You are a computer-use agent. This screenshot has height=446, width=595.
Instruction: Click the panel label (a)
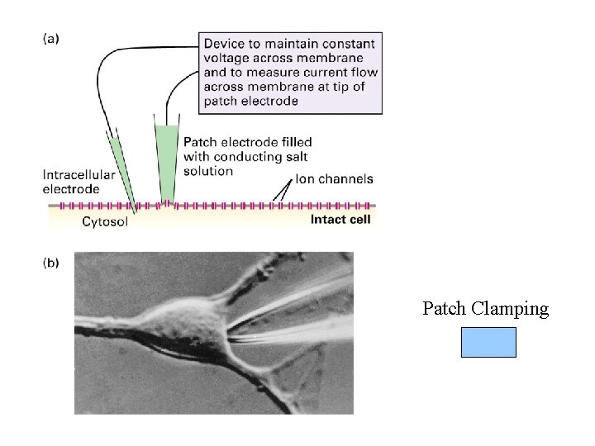point(50,37)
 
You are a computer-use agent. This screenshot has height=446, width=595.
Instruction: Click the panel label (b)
point(50,263)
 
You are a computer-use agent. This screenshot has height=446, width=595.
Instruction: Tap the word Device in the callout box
point(226,44)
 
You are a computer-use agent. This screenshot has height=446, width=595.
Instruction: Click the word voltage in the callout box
point(228,59)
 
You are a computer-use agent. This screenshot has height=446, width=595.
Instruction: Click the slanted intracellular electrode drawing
point(120,165)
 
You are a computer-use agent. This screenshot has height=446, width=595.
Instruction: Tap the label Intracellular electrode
point(74,182)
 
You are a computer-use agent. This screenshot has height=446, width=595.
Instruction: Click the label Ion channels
point(334,178)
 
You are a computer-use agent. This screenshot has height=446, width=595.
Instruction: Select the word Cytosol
point(104,221)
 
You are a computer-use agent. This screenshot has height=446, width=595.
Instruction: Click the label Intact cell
point(340,220)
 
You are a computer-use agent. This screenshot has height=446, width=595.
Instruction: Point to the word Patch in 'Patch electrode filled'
point(201,142)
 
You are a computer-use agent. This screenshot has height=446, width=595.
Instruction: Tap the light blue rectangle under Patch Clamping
point(488,342)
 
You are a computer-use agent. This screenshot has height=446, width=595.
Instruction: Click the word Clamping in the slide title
point(509,309)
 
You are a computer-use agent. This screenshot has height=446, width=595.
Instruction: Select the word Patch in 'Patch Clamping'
point(445,309)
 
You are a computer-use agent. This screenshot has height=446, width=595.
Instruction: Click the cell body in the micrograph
point(182,326)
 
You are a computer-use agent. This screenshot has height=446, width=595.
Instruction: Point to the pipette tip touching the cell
point(229,335)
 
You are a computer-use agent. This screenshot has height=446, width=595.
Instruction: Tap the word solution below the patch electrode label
point(209,171)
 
